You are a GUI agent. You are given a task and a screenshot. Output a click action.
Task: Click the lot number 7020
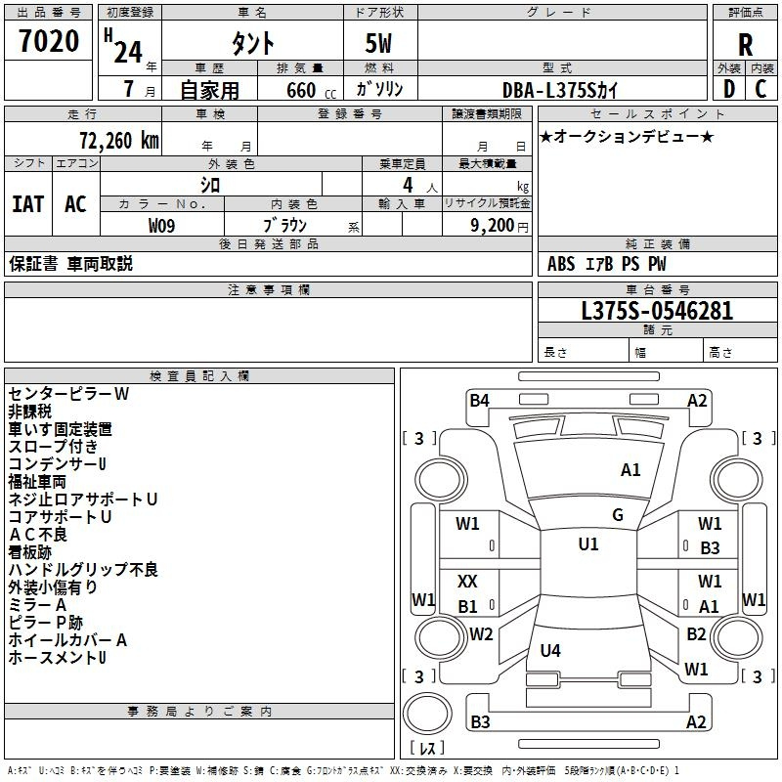(x=49, y=41)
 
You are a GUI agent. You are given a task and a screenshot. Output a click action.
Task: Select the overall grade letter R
(x=745, y=45)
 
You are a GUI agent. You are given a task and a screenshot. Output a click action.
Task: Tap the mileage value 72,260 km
(x=119, y=141)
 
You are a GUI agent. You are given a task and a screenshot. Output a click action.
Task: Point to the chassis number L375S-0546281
(x=657, y=310)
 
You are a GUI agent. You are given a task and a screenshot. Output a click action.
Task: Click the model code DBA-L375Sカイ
(x=559, y=90)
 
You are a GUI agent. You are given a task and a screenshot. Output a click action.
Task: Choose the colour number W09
(x=161, y=226)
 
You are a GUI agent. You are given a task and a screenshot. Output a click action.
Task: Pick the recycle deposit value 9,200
(x=492, y=226)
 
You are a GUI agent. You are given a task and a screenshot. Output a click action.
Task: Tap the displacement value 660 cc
(x=311, y=90)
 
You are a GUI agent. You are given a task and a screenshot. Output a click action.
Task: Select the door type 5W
(x=378, y=43)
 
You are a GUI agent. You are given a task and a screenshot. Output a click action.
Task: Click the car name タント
(x=252, y=43)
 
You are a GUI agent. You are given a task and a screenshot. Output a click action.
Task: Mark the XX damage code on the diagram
(x=467, y=581)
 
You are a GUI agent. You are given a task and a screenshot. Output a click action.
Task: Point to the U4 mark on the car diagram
(x=550, y=650)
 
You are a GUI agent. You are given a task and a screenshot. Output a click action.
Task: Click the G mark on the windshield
(x=618, y=515)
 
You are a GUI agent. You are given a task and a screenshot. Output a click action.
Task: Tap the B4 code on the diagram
(x=479, y=401)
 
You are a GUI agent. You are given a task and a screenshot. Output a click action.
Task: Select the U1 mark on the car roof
(x=588, y=543)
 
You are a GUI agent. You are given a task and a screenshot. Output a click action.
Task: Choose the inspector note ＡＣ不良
(x=38, y=535)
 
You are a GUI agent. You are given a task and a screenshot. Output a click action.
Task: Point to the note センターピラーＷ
(x=68, y=394)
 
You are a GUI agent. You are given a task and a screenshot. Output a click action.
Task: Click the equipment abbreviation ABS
(x=561, y=264)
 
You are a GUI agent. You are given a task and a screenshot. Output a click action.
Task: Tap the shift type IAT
(x=28, y=204)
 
